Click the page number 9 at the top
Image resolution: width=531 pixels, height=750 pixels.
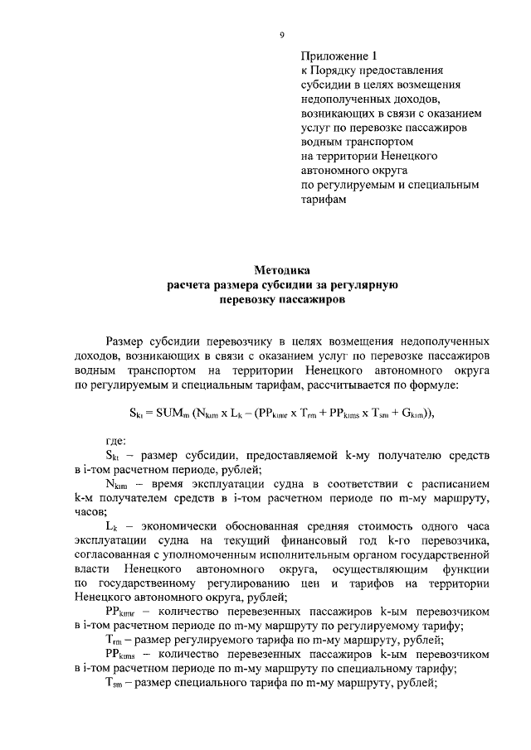pyautogui.click(x=281, y=35)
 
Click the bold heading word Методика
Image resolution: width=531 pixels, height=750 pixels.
pyautogui.click(x=281, y=270)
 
